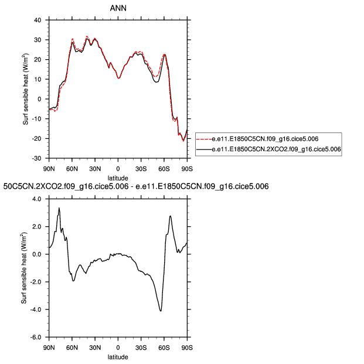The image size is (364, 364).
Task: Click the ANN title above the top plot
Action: [x=118, y=8]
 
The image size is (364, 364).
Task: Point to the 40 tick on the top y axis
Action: [x=38, y=20]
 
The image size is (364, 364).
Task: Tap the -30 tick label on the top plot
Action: [x=36, y=158]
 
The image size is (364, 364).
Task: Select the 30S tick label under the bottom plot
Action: [x=141, y=346]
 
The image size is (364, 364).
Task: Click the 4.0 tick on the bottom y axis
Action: [x=36, y=199]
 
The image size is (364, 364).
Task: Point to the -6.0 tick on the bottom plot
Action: [x=35, y=338]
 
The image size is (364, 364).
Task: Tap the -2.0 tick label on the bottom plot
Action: [x=35, y=282]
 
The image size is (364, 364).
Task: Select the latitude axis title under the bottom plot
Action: [x=118, y=356]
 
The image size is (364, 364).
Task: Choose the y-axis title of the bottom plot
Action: [x=24, y=268]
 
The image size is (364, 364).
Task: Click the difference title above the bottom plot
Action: [x=136, y=186]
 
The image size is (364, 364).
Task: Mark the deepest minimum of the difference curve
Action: [x=161, y=311]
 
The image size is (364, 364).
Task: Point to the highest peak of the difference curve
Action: [x=59, y=208]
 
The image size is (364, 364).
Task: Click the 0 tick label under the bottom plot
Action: [x=118, y=346]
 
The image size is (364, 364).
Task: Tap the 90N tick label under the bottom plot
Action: [x=49, y=346]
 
